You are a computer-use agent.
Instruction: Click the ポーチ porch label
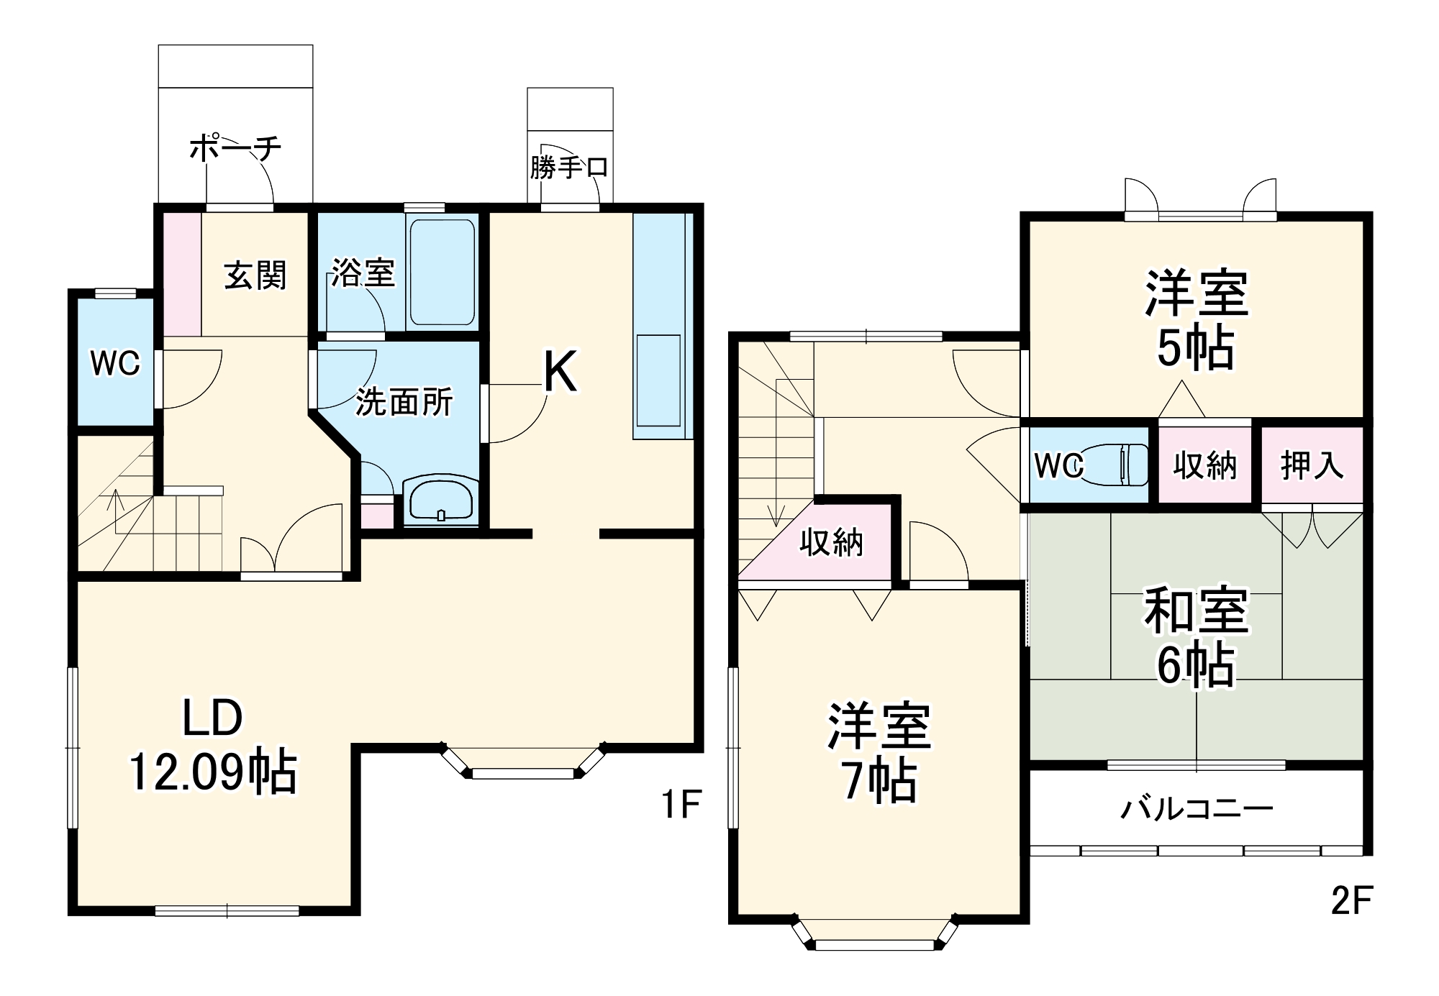pos(235,149)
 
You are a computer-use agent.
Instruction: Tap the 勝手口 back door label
pos(569,168)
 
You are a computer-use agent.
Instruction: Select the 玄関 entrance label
pos(255,275)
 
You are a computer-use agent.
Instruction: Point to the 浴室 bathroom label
pos(363,273)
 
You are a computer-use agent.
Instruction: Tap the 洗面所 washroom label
pos(404,402)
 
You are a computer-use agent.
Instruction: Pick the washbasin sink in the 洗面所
pos(440,498)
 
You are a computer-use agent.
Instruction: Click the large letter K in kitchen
pos(560,372)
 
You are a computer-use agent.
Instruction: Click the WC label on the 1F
pos(115,364)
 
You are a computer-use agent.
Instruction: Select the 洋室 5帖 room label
pos(1196,319)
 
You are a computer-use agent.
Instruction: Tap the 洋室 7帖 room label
pos(879,752)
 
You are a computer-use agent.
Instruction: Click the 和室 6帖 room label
pos(1196,636)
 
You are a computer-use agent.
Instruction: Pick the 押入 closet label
pos(1312,466)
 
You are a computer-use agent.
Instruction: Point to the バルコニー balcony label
pos(1197,809)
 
